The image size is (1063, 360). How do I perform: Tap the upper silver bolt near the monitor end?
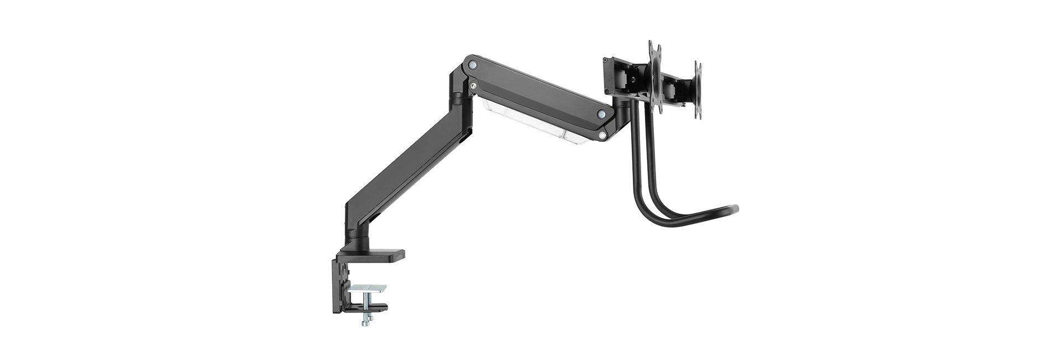pyautogui.click(x=601, y=114)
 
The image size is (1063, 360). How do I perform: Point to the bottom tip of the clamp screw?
pyautogui.click(x=366, y=323)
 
